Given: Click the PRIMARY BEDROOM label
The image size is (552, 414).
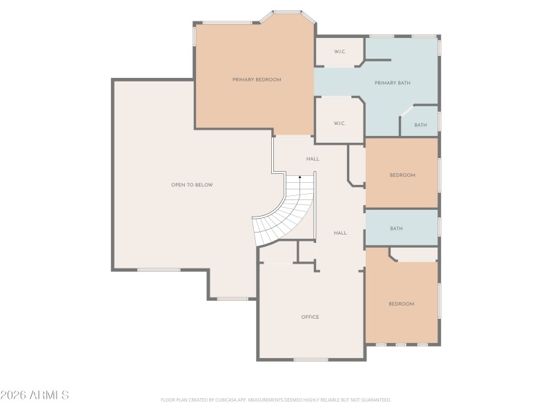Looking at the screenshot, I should [x=256, y=80].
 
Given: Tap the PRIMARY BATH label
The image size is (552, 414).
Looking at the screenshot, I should [x=392, y=83].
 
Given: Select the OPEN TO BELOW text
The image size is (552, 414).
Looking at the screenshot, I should [x=192, y=185].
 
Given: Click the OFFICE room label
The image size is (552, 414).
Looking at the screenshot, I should [x=310, y=317].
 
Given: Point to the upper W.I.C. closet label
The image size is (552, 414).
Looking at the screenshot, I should [x=339, y=52].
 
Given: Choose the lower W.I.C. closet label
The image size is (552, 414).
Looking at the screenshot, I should [x=339, y=124].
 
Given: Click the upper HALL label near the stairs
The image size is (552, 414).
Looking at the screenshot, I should [x=313, y=159].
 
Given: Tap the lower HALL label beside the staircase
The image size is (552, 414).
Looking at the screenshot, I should [x=340, y=233].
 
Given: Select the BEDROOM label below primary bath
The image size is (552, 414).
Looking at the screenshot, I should [x=402, y=175].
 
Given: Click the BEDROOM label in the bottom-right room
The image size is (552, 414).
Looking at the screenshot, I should [x=401, y=304].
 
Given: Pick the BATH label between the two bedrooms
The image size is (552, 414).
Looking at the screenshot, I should [x=396, y=228].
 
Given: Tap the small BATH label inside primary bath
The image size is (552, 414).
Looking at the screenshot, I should [x=420, y=126].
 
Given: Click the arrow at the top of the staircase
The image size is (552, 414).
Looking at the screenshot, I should [x=299, y=178].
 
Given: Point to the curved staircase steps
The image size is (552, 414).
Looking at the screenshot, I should [x=283, y=217].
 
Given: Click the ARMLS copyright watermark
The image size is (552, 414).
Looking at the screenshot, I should [x=34, y=395].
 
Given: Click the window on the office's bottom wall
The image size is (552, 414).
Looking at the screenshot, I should [x=310, y=359].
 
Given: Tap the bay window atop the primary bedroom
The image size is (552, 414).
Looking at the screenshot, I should [x=286, y=12].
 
